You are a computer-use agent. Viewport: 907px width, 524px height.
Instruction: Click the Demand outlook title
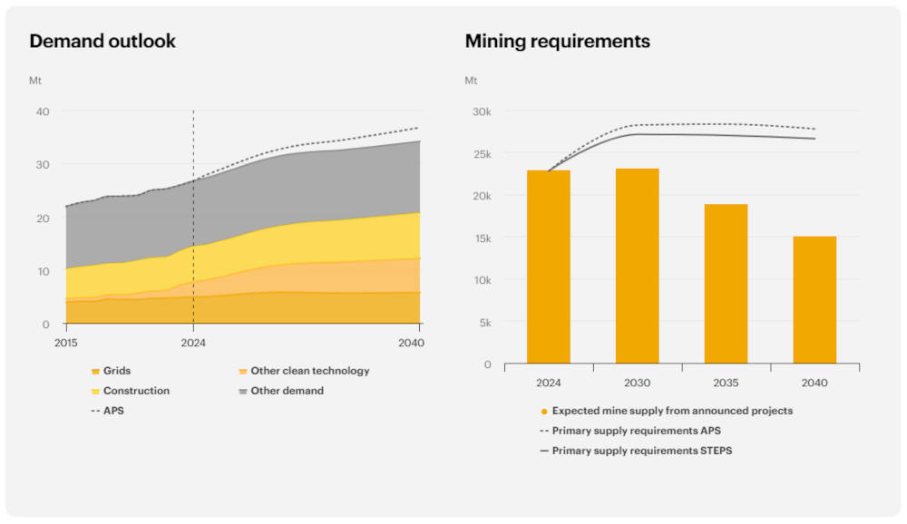(x=102, y=42)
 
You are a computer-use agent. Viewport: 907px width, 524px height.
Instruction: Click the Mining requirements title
(x=557, y=42)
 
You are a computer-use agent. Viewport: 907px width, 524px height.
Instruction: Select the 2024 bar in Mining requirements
(x=549, y=267)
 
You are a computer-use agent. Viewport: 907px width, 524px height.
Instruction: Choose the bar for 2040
(x=814, y=300)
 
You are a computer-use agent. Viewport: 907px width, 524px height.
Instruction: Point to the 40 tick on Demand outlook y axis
(x=43, y=112)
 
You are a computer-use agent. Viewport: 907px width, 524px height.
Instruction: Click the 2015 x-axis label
(x=65, y=342)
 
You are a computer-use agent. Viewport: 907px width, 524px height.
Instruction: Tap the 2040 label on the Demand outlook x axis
(x=410, y=342)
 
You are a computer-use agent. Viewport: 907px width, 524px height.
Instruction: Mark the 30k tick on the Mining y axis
(x=482, y=112)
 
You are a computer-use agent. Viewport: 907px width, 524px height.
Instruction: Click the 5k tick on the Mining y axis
(x=485, y=323)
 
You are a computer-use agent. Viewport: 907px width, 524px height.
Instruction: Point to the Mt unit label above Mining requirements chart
(x=472, y=81)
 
